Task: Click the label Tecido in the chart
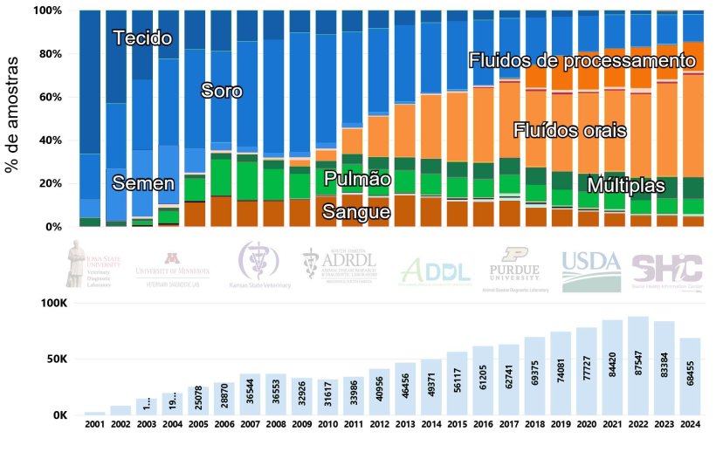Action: point(142,38)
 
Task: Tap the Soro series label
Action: point(222,91)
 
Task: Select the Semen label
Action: point(144,183)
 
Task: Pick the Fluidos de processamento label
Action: point(586,61)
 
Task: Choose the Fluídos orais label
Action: point(569,132)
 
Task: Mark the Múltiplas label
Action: point(626,186)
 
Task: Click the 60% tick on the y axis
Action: point(47,97)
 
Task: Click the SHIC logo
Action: point(666,271)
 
